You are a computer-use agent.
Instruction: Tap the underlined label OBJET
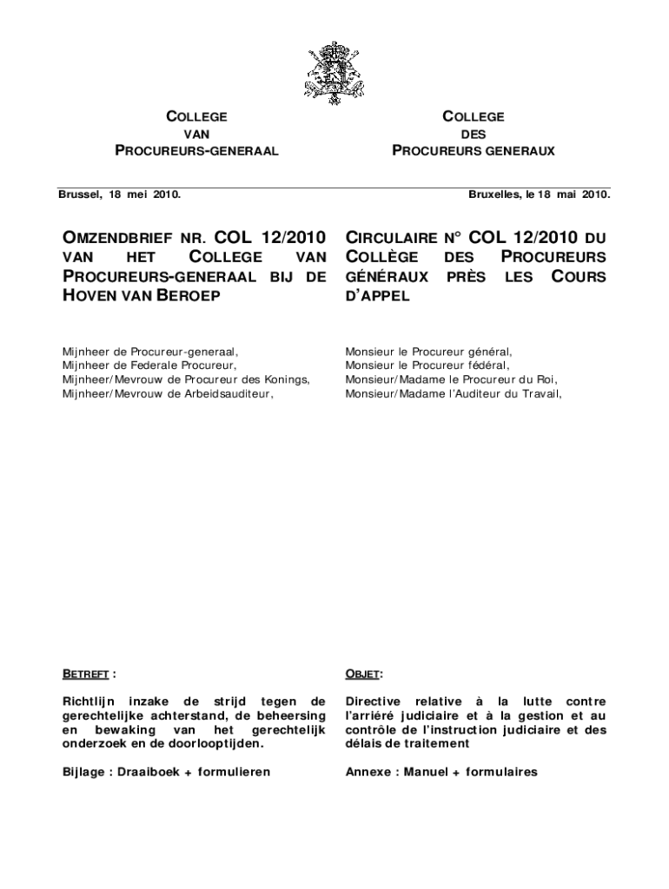(362, 673)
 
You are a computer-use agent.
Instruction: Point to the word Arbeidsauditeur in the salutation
(227, 393)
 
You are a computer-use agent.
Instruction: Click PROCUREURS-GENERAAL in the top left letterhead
(196, 151)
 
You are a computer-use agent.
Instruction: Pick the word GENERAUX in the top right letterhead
(520, 151)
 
